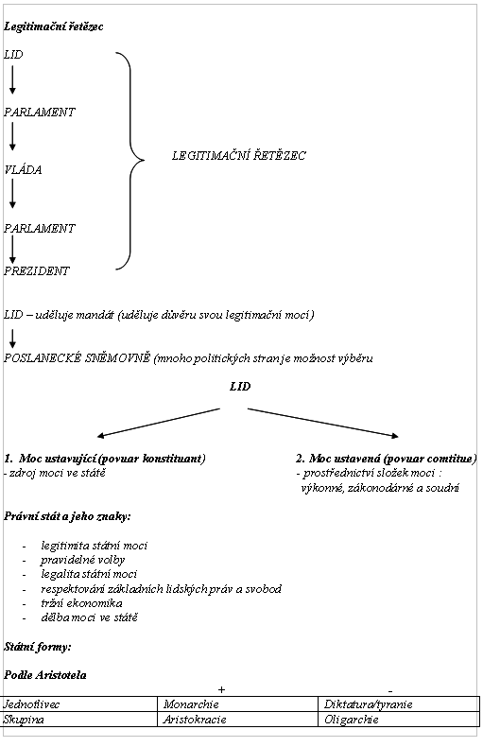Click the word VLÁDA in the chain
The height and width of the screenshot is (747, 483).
point(23,169)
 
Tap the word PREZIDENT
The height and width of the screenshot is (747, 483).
point(37,270)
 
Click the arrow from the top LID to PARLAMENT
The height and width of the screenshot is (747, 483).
point(12,79)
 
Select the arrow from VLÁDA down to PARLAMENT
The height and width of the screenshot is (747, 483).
point(12,194)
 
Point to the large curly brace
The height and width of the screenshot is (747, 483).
point(130,161)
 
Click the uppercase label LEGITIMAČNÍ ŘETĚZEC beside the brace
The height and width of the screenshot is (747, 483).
point(238,155)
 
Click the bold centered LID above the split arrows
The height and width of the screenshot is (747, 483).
point(240,387)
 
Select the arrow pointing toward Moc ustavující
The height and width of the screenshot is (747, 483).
point(159,422)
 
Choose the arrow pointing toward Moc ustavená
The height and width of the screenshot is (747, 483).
point(323,422)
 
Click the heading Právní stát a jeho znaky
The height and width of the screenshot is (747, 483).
point(67,516)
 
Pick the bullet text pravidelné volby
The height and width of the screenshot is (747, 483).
point(83,560)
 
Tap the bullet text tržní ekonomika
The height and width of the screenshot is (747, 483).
point(81,603)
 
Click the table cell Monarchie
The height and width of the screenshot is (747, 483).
point(191,704)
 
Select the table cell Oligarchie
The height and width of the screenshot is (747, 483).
point(352,720)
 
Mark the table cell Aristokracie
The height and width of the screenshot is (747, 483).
point(195,720)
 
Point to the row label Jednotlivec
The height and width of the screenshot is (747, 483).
point(31,704)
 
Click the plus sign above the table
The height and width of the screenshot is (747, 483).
point(221,689)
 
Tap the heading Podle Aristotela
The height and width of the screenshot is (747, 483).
point(45,675)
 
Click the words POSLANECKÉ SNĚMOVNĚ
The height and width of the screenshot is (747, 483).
point(78,357)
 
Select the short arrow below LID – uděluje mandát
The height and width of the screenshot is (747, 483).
point(12,338)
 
